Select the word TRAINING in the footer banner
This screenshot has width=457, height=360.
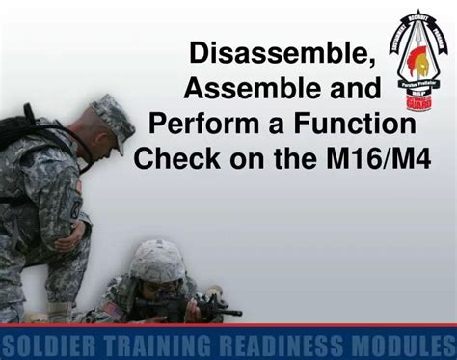pos(154,346)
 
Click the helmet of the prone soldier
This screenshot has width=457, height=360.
pos(157,259)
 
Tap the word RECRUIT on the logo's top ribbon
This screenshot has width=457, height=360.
pos(417,16)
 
